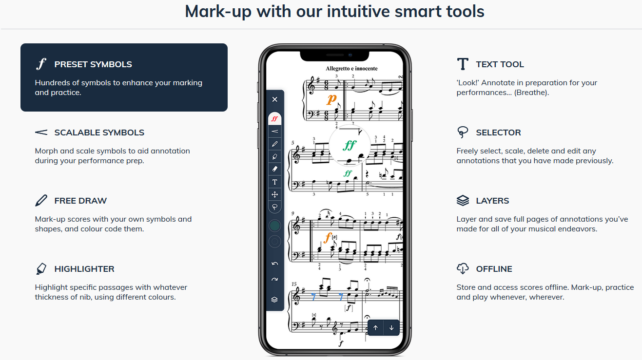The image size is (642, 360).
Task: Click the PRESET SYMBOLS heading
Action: [x=93, y=64]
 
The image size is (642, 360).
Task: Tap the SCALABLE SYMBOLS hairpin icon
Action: [x=41, y=133]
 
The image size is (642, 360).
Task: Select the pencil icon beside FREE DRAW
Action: [x=41, y=201]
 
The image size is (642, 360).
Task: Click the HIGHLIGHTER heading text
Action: [x=84, y=269]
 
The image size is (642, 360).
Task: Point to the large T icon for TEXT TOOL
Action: [x=463, y=64]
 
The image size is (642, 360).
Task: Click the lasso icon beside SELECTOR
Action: [x=463, y=133]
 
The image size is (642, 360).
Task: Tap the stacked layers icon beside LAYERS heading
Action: [x=463, y=201]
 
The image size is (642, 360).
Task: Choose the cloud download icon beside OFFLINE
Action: [x=463, y=268]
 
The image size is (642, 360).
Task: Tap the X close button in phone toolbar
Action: [x=274, y=99]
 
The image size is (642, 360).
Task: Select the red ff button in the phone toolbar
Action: [x=274, y=118]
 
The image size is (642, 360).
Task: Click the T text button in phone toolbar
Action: [x=274, y=182]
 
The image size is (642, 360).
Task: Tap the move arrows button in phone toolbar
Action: [x=274, y=195]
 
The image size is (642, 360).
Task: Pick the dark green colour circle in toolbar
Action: [x=274, y=226]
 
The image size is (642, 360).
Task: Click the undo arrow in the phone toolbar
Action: [x=274, y=264]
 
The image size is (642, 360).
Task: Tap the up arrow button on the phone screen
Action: [x=375, y=328]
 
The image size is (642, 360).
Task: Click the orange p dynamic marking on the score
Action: [x=331, y=99]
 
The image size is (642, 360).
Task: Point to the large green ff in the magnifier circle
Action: [x=350, y=146]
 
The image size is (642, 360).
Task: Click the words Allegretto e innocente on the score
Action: [x=351, y=69]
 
